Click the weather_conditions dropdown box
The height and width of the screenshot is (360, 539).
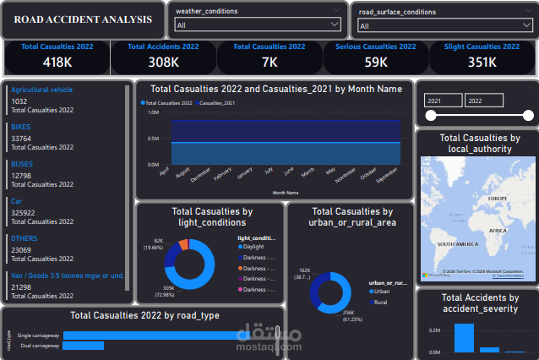(x=257, y=25)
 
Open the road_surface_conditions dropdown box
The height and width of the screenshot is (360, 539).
(x=444, y=25)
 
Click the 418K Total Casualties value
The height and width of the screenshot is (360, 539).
(x=57, y=62)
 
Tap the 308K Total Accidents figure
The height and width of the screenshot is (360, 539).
(x=164, y=62)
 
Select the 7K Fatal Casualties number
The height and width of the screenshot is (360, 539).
(x=269, y=62)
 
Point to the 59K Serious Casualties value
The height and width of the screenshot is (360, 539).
(x=375, y=62)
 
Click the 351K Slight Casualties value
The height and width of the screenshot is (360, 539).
(x=482, y=62)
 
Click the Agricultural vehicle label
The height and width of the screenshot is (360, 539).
(x=42, y=89)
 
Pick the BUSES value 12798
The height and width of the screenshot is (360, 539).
(x=21, y=176)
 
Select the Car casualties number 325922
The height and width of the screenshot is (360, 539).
(x=23, y=213)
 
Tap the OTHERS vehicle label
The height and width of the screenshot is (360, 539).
(x=24, y=238)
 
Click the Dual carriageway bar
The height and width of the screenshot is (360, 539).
(x=83, y=346)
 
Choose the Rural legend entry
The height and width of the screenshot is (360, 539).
(x=381, y=301)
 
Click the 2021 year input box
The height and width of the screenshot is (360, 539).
(x=443, y=101)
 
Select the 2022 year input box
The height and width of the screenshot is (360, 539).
(x=484, y=101)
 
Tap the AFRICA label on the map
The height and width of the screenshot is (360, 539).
(x=498, y=230)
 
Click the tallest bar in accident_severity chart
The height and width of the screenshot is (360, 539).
(x=464, y=337)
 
